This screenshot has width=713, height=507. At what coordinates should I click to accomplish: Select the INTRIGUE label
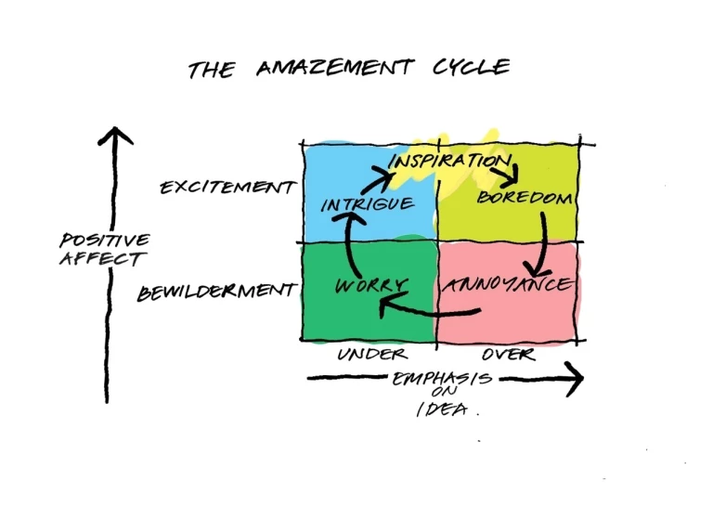tap(367, 203)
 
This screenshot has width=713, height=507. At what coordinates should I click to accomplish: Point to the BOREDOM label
tap(524, 197)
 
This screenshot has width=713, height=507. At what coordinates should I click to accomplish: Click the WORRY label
tap(369, 284)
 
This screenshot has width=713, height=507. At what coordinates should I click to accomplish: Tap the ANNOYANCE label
tap(507, 285)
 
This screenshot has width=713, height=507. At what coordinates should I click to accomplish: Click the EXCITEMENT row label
tap(227, 187)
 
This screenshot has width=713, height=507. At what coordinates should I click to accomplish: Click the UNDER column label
tap(371, 354)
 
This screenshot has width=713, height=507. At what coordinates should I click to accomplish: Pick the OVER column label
tap(509, 354)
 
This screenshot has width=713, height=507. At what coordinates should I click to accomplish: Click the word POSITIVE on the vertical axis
tap(104, 240)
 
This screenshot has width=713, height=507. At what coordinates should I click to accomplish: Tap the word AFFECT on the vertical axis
tap(103, 259)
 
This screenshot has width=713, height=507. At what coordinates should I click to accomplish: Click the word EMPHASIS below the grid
tap(442, 379)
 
